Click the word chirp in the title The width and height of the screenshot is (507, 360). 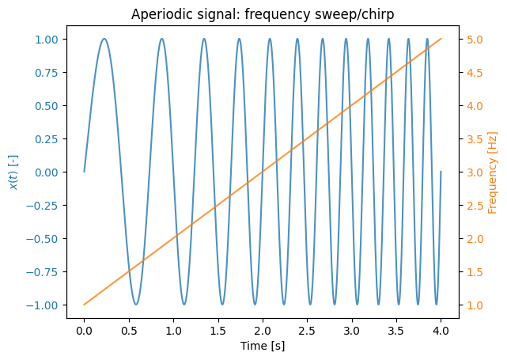379,14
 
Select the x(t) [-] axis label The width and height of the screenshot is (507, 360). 13,172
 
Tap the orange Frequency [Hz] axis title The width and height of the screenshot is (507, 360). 492,172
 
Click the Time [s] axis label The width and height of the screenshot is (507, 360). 263,346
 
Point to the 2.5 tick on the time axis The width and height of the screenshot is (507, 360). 307,331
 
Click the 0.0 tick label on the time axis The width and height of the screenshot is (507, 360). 84,331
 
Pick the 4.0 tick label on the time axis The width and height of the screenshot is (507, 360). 441,331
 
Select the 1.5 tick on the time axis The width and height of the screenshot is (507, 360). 218,331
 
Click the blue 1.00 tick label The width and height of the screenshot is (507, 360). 46,40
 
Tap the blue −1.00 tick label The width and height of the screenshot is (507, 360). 42,305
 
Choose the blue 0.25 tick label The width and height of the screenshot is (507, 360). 46,139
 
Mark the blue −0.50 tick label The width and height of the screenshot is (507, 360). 42,239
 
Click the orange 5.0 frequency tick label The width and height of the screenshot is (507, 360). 475,40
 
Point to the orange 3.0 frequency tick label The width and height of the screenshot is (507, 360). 475,172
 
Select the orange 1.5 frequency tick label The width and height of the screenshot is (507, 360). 475,272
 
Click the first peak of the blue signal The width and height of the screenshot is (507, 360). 104,39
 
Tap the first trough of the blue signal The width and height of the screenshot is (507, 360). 136,305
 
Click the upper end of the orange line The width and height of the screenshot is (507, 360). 441,39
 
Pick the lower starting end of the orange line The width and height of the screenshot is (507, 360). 84,305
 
